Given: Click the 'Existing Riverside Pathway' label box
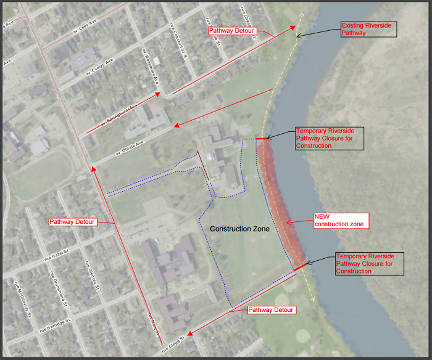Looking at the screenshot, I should point(367,30).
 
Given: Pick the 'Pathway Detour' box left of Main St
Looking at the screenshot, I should point(72,221).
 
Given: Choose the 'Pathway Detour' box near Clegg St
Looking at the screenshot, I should point(271,310).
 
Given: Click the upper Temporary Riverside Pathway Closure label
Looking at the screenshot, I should point(330,138).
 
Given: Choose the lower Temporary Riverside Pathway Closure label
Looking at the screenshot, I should point(370,263).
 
